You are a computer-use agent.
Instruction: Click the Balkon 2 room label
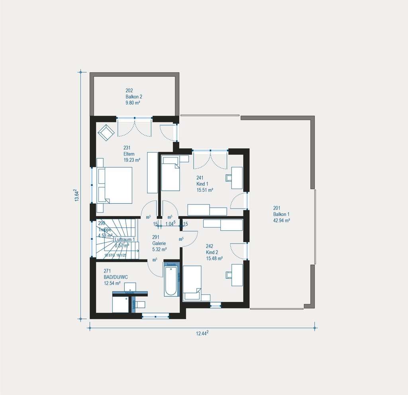coord(134,96)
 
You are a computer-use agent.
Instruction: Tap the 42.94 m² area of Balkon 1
coord(281,220)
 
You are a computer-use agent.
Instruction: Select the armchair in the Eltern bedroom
coord(106,132)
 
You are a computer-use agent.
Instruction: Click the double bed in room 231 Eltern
coord(115,185)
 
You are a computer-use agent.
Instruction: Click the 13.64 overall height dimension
coord(77,195)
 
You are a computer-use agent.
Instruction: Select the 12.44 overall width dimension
coord(202,334)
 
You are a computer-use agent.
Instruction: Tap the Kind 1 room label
coord(202,184)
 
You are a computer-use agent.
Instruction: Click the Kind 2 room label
coord(212,252)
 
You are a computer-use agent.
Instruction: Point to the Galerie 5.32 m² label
coord(159,243)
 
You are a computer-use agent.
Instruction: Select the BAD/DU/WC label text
coord(116,276)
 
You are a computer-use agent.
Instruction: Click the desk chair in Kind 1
coord(229,177)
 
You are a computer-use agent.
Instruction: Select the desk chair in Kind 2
coord(229,275)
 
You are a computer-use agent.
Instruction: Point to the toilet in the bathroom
coord(140,305)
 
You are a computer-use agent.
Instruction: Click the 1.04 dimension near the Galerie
coord(170,224)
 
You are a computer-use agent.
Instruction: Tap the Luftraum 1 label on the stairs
coord(125,240)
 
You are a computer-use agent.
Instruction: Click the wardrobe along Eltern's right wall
coord(153,172)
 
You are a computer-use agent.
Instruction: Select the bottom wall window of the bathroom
coord(155,316)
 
